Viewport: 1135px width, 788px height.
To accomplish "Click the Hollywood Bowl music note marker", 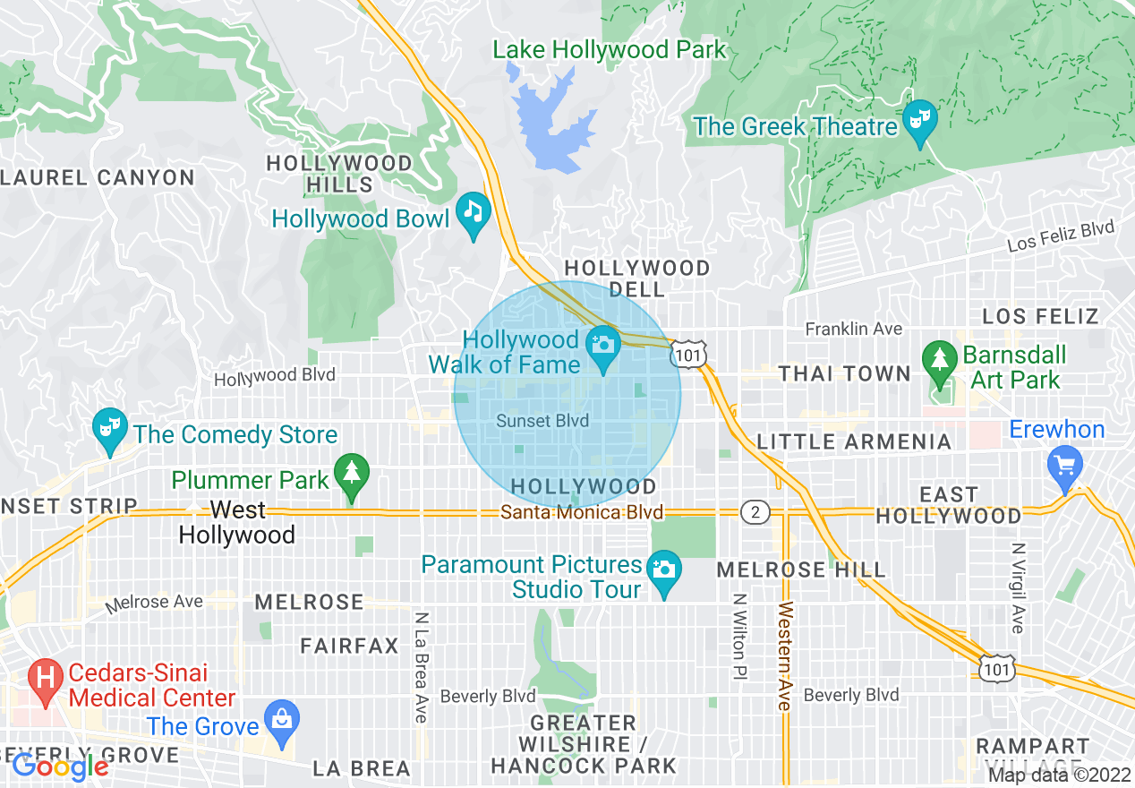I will (474, 214).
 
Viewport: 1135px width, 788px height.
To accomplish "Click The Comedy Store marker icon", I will (110, 429).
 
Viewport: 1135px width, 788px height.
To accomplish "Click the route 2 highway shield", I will (755, 512).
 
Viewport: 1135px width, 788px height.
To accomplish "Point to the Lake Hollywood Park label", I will (610, 50).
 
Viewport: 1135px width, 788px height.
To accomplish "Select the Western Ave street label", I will (784, 656).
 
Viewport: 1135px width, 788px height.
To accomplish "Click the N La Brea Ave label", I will (420, 667).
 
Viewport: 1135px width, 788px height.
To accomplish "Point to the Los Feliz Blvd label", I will (1061, 236).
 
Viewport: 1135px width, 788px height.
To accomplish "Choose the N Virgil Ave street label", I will (1017, 587).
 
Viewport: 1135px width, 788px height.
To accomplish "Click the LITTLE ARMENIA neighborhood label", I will (854, 441).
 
